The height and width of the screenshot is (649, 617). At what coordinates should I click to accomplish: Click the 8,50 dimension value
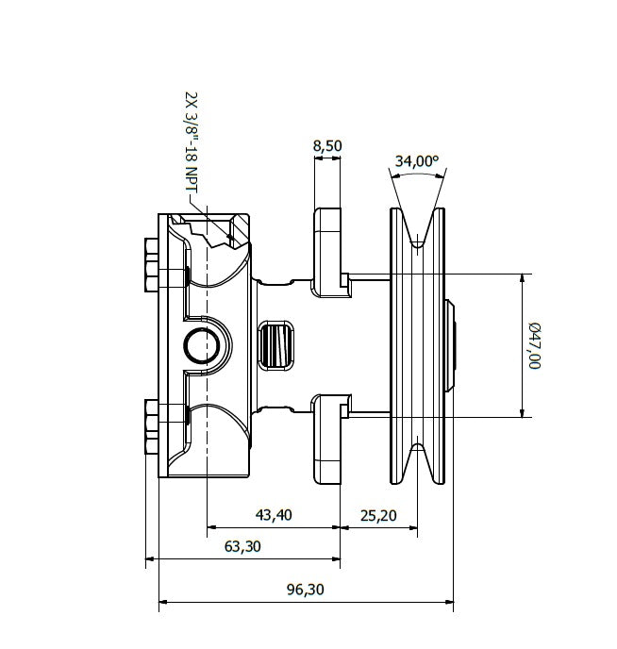(x=326, y=146)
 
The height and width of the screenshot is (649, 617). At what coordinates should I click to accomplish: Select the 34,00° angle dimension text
(x=417, y=160)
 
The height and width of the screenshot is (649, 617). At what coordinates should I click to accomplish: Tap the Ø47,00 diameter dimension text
(x=535, y=345)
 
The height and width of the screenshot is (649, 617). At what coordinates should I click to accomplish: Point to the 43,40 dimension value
(x=274, y=514)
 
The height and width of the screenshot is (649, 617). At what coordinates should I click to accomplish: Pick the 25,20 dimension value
(x=378, y=514)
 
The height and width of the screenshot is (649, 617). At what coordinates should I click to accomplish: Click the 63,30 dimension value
(x=243, y=546)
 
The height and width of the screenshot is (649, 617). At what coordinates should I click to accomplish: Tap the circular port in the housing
(x=201, y=346)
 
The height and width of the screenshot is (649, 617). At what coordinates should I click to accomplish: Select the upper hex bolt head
(x=151, y=266)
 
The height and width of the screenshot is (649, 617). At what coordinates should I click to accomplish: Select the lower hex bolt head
(x=151, y=427)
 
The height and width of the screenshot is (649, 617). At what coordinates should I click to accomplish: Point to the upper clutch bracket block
(x=327, y=251)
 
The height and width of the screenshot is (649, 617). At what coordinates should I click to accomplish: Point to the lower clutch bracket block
(x=327, y=440)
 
